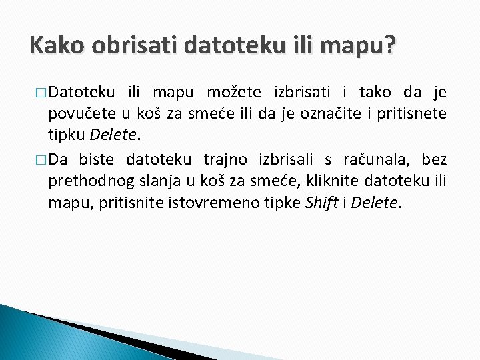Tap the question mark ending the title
(x=389, y=47)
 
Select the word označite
(x=329, y=113)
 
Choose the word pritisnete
(x=411, y=113)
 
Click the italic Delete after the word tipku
(x=112, y=135)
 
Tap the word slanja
(x=153, y=181)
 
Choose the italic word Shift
(x=321, y=203)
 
